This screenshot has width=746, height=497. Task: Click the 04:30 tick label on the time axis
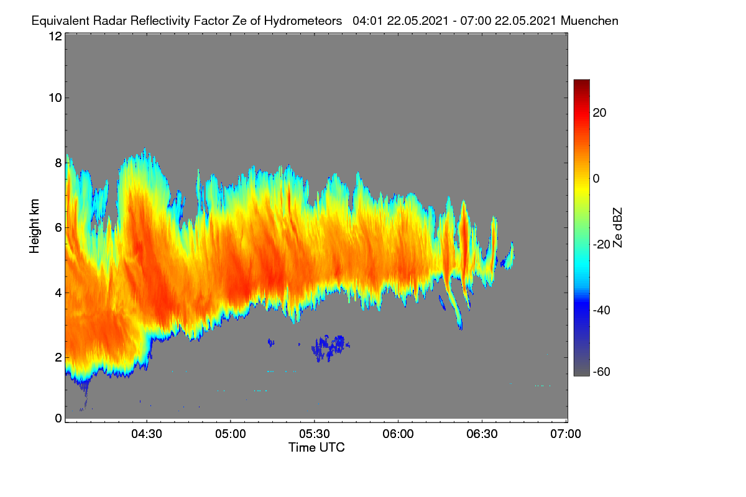[x=147, y=434]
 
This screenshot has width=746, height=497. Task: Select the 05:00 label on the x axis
[x=231, y=434]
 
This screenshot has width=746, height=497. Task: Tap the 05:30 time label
[x=315, y=434]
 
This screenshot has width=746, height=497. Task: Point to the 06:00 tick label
[x=398, y=434]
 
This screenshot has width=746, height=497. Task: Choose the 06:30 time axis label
[x=482, y=434]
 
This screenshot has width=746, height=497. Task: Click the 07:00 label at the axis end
[x=566, y=434]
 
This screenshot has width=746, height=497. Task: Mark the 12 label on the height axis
[x=55, y=36]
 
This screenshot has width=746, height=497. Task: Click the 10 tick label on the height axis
[x=55, y=98]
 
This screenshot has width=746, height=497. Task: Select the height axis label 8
[x=58, y=163]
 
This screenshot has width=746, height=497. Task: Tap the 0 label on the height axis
[x=58, y=419]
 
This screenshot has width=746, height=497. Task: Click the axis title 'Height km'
[x=34, y=226]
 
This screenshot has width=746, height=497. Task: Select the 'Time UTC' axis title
[x=316, y=448]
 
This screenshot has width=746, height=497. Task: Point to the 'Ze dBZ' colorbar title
[x=617, y=228]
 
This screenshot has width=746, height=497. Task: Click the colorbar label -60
[x=602, y=372]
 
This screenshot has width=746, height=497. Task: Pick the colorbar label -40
[x=602, y=310]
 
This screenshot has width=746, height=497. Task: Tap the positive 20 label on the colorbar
[x=599, y=113]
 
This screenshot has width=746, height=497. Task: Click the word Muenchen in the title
[x=589, y=21]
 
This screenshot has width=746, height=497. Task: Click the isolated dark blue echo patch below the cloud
[x=330, y=348]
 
